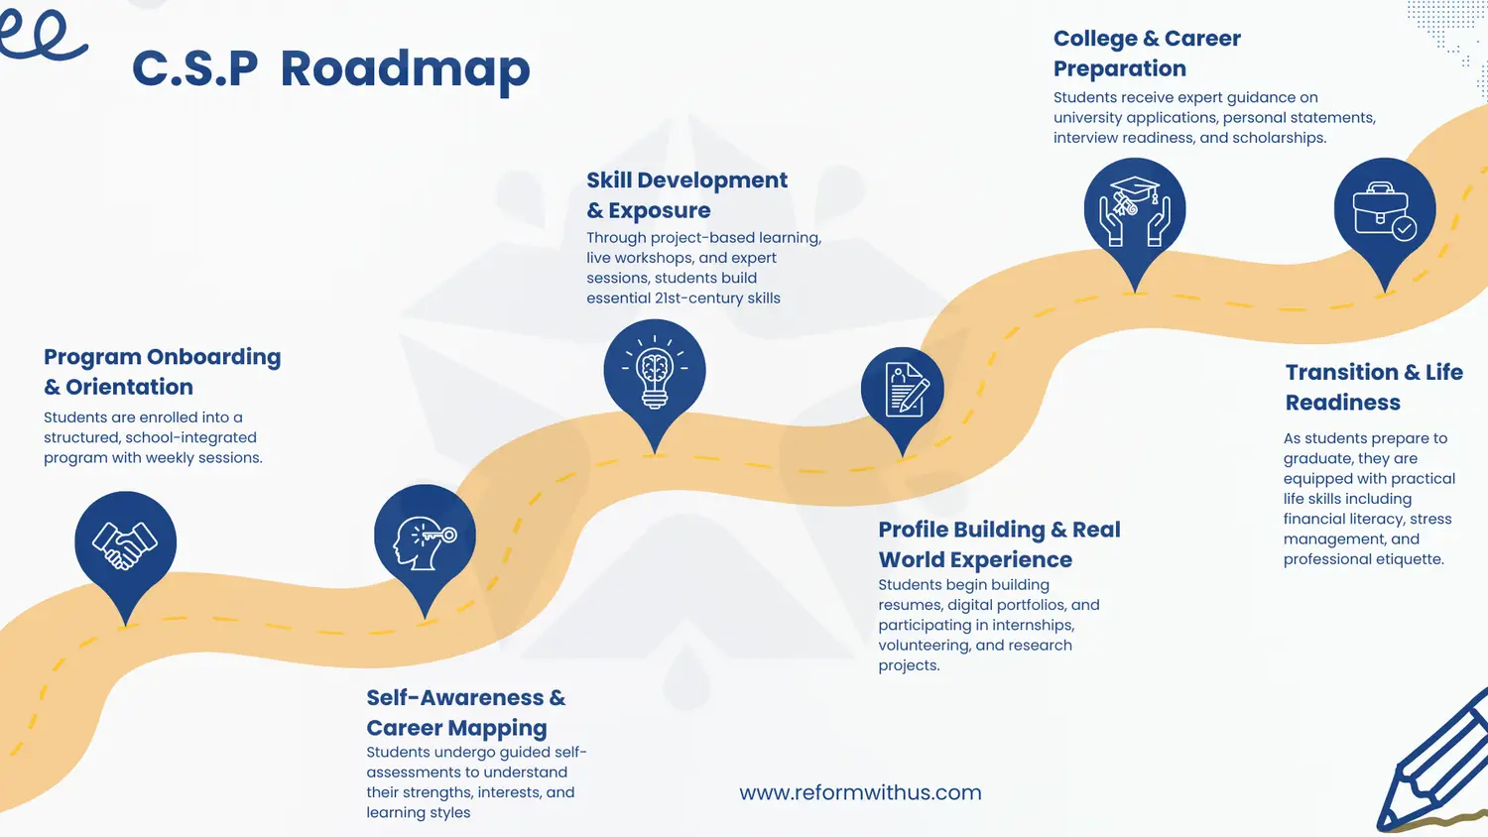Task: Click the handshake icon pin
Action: coord(125,543)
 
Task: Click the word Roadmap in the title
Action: coord(405,69)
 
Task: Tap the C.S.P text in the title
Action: coord(194,69)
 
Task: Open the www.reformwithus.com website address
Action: coord(860,792)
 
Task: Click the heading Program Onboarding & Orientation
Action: coord(162,371)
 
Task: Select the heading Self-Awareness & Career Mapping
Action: coord(465,712)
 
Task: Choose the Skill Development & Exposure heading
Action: coord(686,194)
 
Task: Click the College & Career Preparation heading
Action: coord(1147,53)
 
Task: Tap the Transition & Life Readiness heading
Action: coord(1374,387)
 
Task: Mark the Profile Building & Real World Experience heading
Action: coord(999,543)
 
